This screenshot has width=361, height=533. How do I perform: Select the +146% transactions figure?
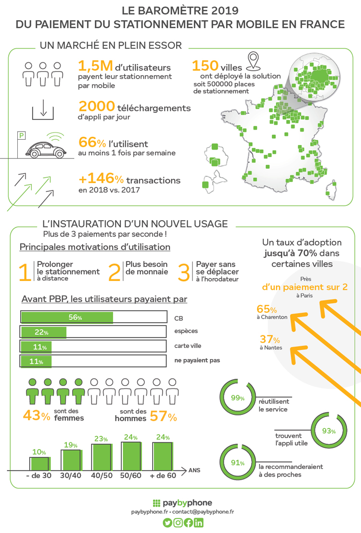point(102,179)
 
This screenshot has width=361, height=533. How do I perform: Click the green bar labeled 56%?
point(67,318)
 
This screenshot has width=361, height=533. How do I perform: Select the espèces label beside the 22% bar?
point(186,332)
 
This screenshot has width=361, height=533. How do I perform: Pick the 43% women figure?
point(37,415)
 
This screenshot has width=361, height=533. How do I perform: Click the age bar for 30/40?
point(70,460)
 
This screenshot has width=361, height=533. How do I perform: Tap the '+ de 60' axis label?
point(163,475)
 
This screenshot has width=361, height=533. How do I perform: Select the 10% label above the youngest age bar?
point(39,452)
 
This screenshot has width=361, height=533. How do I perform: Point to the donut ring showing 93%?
point(329,431)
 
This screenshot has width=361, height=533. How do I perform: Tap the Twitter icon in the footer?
point(167,523)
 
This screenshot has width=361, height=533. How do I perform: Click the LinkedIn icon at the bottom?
point(199,523)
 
